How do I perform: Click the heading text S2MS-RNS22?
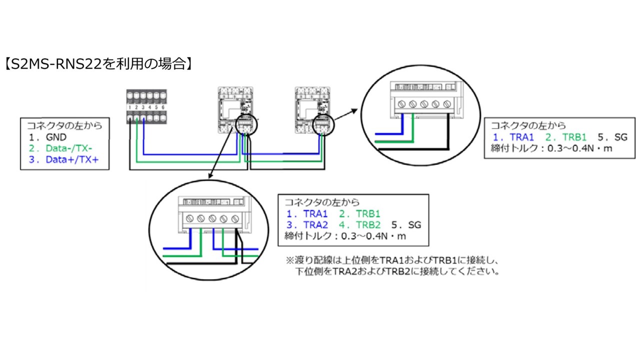56,63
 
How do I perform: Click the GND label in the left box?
56,137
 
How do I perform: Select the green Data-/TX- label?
69,148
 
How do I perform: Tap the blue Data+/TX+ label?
72,159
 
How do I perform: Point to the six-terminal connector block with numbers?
146,106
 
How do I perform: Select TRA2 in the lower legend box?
315,225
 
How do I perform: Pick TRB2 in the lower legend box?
368,225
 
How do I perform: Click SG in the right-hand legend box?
621,137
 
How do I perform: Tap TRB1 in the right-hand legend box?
574,137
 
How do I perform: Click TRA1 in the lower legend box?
315,213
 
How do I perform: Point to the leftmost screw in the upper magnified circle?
401,104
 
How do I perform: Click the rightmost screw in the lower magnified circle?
235,219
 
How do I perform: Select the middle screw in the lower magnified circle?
212,219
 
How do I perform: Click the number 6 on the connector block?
163,107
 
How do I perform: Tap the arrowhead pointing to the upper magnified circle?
354,111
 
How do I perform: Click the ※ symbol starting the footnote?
289,260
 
